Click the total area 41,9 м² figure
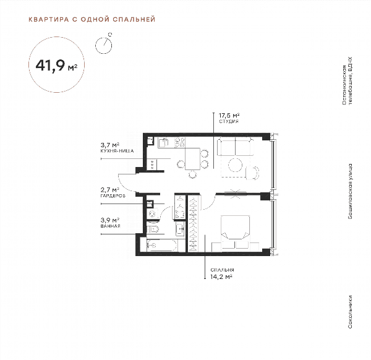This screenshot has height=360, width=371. point(56,65)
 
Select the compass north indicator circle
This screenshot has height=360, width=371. point(104,45)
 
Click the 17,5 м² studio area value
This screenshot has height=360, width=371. point(229,116)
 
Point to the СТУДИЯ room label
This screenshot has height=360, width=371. point(229,122)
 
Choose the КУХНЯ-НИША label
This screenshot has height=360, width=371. point(117,151)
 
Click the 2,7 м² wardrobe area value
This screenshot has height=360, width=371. point(110,190)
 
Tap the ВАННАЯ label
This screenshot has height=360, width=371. point(110,226)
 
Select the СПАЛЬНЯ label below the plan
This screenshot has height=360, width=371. point(222,270)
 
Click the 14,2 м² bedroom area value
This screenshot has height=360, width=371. point(221,276)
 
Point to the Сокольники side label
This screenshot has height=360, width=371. point(350,312)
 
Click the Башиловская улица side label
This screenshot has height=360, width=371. point(350,191)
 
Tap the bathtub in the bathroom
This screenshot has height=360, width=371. point(162,246)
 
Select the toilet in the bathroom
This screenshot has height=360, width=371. point(153,229)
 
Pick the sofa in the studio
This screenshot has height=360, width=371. point(235,147)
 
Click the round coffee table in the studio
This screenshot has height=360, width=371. point(235,165)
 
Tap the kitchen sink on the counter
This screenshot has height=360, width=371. point(163,143)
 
